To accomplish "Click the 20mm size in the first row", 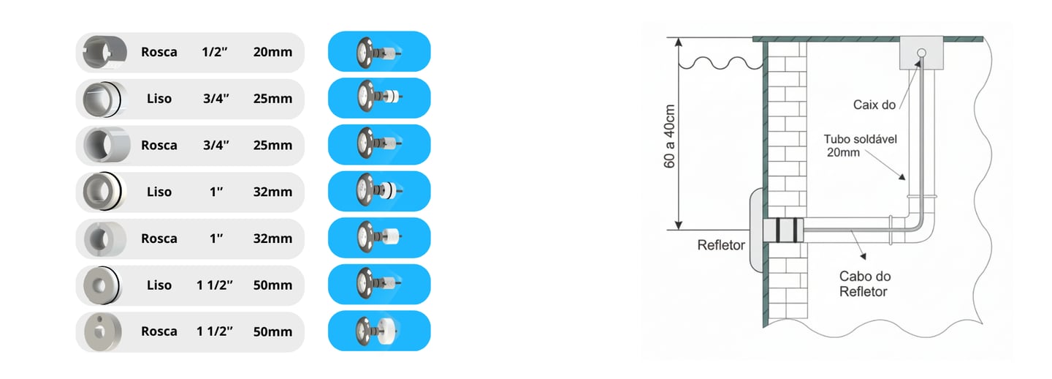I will click(272, 52).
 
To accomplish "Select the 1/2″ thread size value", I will click(216, 52).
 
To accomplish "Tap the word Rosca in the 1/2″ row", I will click(159, 52).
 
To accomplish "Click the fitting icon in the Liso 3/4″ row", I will click(101, 99).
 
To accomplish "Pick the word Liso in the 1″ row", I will click(159, 192).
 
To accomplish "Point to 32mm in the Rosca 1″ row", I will click(272, 239).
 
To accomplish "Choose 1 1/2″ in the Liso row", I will click(216, 285).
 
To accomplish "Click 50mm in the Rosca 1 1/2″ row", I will click(272, 331).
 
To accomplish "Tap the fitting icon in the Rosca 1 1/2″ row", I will click(101, 331).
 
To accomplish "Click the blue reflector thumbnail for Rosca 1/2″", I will click(379, 52).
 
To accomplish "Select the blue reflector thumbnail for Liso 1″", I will click(379, 192).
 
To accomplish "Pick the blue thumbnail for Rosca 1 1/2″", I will click(379, 331).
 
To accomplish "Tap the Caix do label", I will click(874, 105).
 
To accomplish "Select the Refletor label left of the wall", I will click(721, 245).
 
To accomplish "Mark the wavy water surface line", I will click(720, 64).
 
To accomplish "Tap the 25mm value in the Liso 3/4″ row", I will click(272, 99).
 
